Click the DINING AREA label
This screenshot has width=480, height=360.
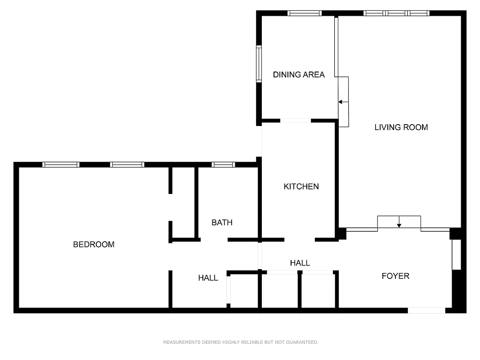point(299,75)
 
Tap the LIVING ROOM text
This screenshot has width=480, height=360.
point(401,127)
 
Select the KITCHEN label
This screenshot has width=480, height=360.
point(301,186)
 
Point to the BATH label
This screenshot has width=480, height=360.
point(222,222)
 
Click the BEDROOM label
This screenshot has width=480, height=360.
point(94,244)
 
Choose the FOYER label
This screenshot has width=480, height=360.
point(395,276)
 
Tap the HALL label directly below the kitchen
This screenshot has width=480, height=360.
point(300,263)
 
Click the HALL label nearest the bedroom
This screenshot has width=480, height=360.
point(208,278)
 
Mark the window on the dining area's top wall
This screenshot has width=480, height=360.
point(305,13)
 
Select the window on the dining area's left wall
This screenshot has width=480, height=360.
point(259,64)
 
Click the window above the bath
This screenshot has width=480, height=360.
point(223,165)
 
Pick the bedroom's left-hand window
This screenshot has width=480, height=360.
point(61,165)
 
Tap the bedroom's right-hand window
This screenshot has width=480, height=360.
point(127,165)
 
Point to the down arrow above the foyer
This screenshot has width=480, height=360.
point(399,224)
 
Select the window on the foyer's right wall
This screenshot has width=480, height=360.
point(456,255)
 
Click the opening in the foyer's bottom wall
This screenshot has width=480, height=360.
point(426,310)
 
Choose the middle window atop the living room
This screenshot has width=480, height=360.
point(396,13)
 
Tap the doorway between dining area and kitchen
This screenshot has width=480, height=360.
point(295,121)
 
